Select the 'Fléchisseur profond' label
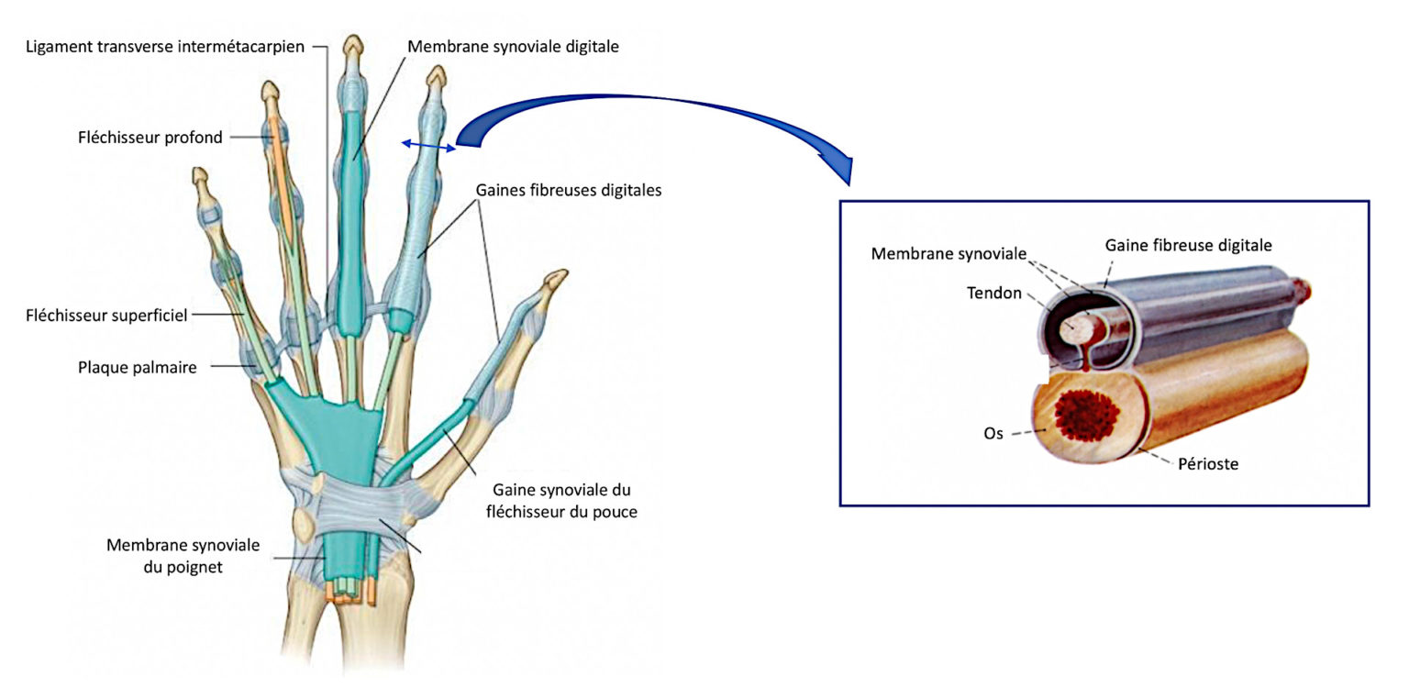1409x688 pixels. [x=150, y=138]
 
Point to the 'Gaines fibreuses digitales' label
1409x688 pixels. [x=569, y=191]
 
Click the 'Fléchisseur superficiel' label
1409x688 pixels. [x=106, y=316]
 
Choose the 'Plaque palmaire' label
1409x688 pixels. [x=138, y=368]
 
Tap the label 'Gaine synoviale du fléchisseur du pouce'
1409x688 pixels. [x=560, y=501]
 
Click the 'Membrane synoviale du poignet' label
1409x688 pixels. [x=183, y=556]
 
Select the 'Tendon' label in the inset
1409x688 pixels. [x=993, y=293]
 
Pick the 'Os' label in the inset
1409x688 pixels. [x=993, y=433]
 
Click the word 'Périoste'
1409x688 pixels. [x=1208, y=464]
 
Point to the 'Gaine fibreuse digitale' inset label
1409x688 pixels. [x=1188, y=245]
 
